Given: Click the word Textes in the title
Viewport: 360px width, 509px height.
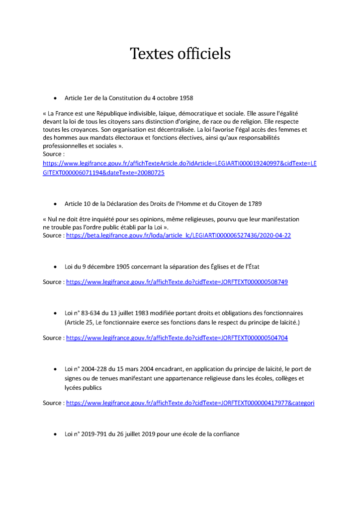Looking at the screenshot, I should pyautogui.click(x=152, y=53).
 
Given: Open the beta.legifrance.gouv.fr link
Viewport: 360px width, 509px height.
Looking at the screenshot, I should pyautogui.click(x=179, y=235).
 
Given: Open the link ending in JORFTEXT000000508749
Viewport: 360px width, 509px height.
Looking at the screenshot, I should pyautogui.click(x=177, y=282).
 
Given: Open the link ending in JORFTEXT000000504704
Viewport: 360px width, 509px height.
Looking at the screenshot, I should pyautogui.click(x=177, y=338).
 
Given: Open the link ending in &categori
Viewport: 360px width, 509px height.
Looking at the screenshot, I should pyautogui.click(x=190, y=403).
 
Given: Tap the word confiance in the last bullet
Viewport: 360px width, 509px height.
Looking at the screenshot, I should pyautogui.click(x=224, y=434).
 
